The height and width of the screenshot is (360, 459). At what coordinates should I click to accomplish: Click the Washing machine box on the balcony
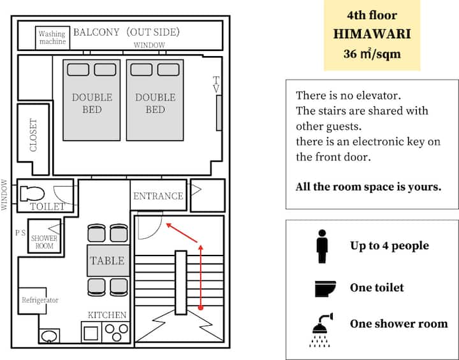53,38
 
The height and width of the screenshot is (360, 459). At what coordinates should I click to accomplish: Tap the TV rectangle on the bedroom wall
219,113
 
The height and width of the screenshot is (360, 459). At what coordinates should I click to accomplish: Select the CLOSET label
33,135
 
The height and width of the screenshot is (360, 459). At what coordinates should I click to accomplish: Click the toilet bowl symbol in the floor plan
33,194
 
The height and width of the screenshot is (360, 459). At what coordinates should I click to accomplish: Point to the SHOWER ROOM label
44,242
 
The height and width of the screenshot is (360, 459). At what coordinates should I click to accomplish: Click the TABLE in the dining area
108,261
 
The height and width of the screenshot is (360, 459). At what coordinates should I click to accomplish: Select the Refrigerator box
33,301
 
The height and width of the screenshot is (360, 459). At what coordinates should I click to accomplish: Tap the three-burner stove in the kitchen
116,332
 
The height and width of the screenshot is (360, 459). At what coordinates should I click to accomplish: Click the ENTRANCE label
158,196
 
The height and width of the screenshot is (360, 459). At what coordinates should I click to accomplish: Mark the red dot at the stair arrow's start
201,308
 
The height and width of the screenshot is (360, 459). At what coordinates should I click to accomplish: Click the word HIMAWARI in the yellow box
372,34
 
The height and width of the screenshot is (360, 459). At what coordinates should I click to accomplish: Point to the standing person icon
322,247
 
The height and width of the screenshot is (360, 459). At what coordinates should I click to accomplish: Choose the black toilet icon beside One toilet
325,289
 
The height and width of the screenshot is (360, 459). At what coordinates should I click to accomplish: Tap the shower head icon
321,330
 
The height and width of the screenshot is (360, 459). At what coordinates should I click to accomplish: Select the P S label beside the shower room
20,233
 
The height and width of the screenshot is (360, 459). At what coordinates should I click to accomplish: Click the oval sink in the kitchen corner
49,336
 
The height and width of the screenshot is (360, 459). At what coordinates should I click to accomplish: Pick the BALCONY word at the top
96,32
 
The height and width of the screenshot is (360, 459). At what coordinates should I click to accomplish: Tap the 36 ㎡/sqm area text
372,54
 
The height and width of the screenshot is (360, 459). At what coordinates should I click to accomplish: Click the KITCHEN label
107,315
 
